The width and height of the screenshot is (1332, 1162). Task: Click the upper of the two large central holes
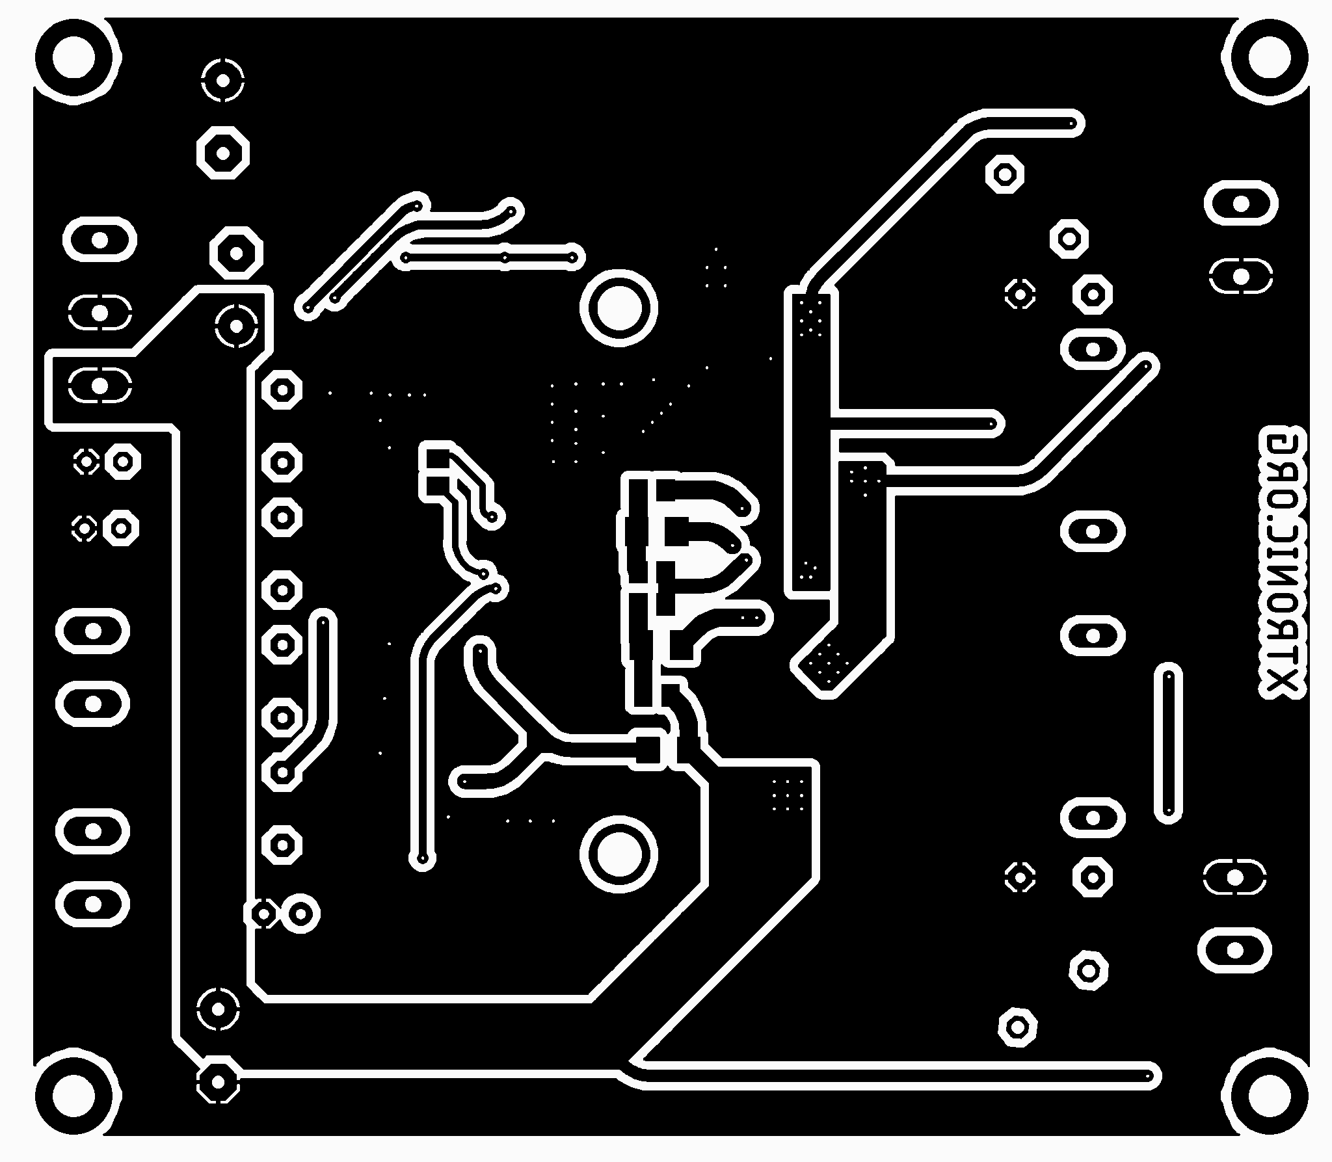pos(619,308)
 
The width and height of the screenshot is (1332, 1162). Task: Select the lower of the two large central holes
pos(619,854)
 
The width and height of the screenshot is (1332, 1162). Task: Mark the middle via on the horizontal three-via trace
pos(505,257)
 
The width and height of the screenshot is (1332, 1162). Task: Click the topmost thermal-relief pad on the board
pos(222,81)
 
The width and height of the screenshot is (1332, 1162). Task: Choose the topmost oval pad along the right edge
pos(1240,204)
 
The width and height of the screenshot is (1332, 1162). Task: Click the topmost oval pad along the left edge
pos(100,240)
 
